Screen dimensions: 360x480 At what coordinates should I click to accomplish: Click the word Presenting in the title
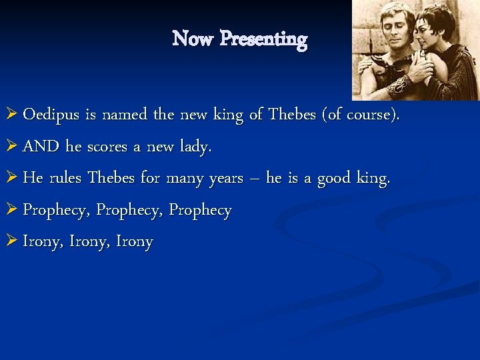(x=263, y=39)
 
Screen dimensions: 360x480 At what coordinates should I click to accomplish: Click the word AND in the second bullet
(x=41, y=147)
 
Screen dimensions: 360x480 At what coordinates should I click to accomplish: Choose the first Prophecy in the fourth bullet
(x=57, y=211)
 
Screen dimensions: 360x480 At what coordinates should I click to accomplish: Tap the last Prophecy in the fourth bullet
(x=200, y=211)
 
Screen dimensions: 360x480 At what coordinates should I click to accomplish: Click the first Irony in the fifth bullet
(x=41, y=242)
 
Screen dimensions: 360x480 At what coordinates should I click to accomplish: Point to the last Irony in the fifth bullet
(x=134, y=242)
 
